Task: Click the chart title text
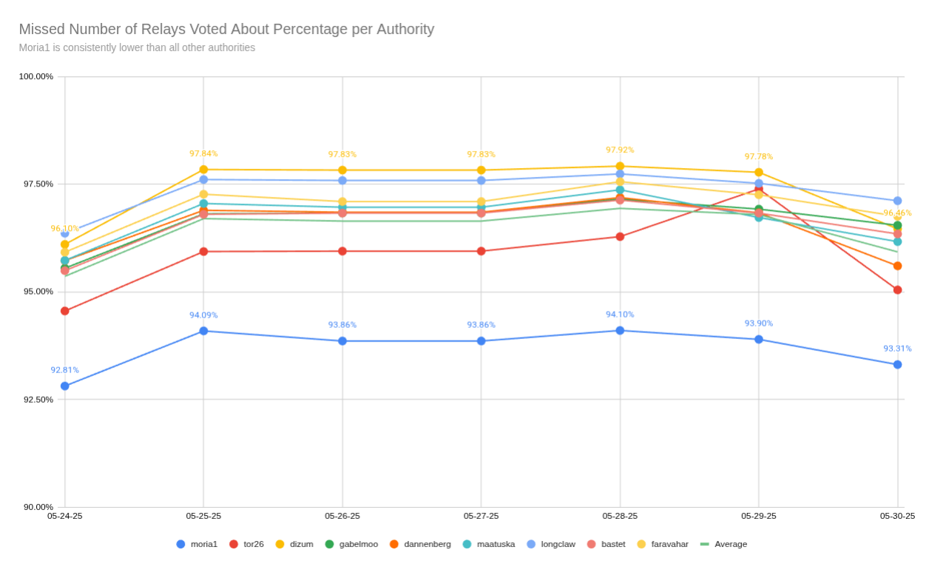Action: (226, 30)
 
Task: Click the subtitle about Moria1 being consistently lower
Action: (137, 48)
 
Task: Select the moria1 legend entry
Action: (197, 544)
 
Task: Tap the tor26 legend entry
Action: (246, 544)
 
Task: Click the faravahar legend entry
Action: (662, 544)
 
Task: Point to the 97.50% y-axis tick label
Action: (36, 184)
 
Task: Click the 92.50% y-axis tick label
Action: (36, 400)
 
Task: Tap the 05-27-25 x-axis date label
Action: (481, 516)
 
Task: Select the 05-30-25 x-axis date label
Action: (897, 516)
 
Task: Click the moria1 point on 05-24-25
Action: (65, 386)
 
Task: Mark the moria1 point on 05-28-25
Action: (620, 331)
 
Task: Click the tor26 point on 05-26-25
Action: (342, 252)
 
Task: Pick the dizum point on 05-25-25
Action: (203, 170)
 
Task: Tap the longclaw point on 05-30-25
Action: (897, 201)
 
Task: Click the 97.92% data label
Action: (620, 150)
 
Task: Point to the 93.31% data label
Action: (897, 349)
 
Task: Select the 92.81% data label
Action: (65, 370)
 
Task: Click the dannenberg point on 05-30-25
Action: (897, 266)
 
